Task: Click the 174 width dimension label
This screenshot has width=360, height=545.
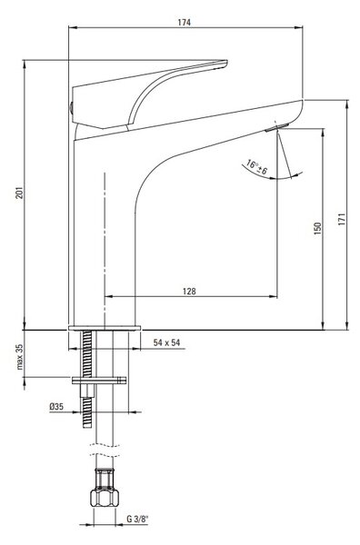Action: (x=185, y=22)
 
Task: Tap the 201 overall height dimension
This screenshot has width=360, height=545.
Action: (x=20, y=193)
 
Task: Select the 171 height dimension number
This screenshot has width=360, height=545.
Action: (x=342, y=220)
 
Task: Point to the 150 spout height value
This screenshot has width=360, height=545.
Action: (x=317, y=228)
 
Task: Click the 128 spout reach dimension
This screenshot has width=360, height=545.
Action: (x=189, y=291)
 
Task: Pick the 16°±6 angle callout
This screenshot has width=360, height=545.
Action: (x=256, y=167)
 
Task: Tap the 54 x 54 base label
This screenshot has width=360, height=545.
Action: (x=167, y=342)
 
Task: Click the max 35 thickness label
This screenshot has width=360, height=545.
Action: (x=20, y=357)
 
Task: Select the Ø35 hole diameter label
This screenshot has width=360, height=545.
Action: (x=56, y=406)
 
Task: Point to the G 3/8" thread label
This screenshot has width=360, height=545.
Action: (x=137, y=520)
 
